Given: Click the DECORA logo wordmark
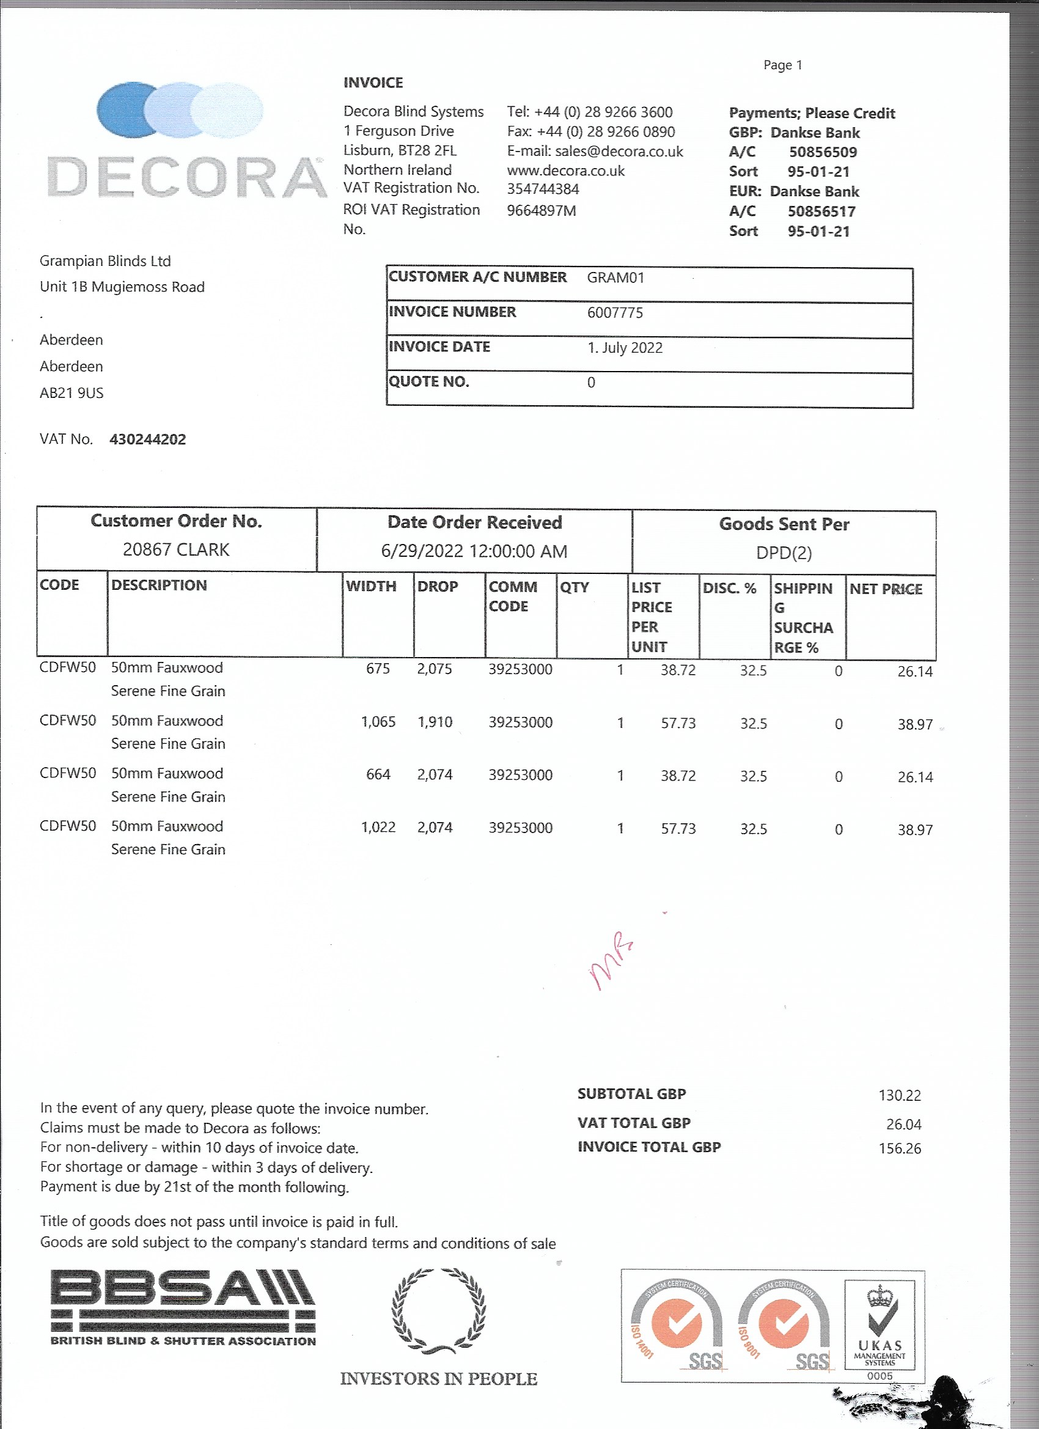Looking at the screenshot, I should (186, 177).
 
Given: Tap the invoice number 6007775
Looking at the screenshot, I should (614, 312).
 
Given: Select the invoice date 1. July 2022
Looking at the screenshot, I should (625, 348).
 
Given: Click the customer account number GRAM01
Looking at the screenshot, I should (615, 278).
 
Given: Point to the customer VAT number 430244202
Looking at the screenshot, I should (147, 439).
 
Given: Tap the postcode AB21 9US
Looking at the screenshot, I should (71, 393).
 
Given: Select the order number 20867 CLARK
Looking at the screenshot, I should (176, 549).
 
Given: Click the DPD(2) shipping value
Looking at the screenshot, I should (783, 553).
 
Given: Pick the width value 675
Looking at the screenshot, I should (378, 669).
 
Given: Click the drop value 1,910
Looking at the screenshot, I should (434, 721).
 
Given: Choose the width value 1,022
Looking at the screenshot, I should (378, 828).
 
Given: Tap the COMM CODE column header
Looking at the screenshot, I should (512, 596).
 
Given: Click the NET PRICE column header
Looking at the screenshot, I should (885, 589).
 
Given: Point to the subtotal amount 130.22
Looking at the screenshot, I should (899, 1095).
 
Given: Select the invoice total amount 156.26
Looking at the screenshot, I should (899, 1148).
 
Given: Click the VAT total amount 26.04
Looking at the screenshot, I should (903, 1124).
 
